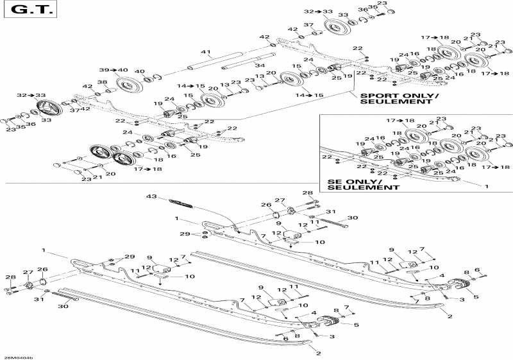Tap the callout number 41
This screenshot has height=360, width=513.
pos(205,52)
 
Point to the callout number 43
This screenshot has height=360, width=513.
pos(151,196)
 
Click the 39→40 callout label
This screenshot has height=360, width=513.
pos(114,70)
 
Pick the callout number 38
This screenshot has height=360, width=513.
pos(102,81)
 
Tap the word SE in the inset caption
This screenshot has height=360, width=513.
pos(334,180)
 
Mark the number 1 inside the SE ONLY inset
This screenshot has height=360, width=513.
pos(485,186)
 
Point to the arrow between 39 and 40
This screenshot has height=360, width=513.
pos(114,70)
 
